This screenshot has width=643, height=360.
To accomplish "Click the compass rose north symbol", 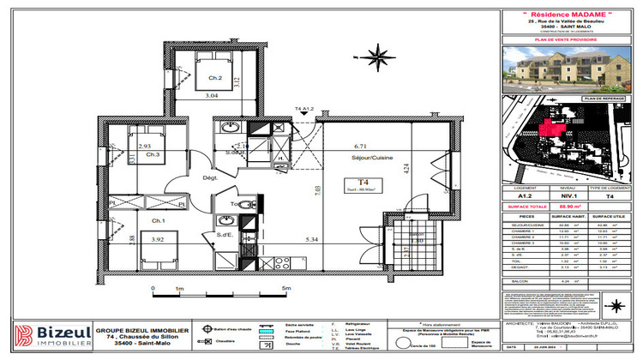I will coord(375,57).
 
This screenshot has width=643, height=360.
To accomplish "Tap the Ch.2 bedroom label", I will coord(215,79).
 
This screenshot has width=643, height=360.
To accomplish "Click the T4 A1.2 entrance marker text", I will coord(305,110).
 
